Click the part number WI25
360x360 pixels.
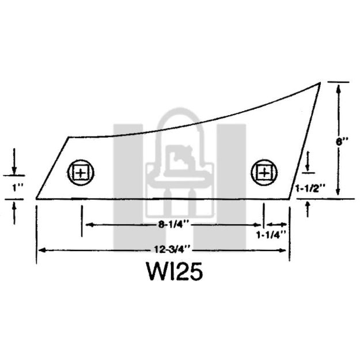[x=174, y=271]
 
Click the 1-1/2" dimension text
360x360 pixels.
[x=310, y=188]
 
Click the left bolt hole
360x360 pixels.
[x=81, y=172]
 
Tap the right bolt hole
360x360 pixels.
[x=264, y=172]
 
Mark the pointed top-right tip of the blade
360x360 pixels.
[x=320, y=84]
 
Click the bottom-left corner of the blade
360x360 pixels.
[x=37, y=199]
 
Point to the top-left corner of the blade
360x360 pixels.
[x=69, y=137]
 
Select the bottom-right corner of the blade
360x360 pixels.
[x=289, y=199]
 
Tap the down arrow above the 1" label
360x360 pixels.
[x=15, y=169]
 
